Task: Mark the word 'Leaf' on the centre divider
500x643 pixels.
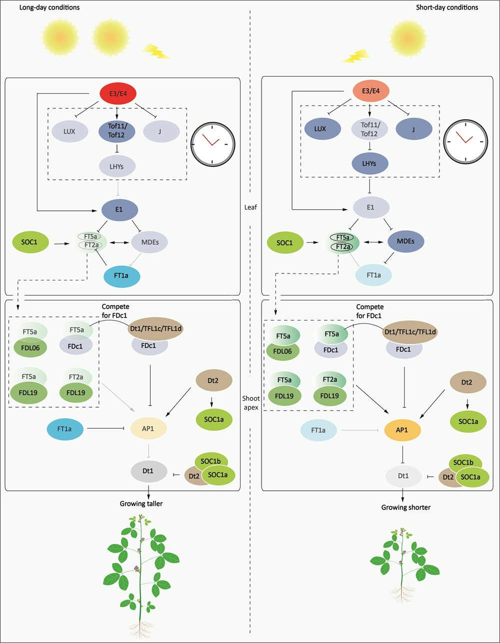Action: (250, 206)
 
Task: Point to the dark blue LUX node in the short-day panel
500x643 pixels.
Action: (320, 129)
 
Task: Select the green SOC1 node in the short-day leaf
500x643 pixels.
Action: (287, 242)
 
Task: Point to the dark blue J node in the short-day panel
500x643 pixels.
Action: (415, 129)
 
